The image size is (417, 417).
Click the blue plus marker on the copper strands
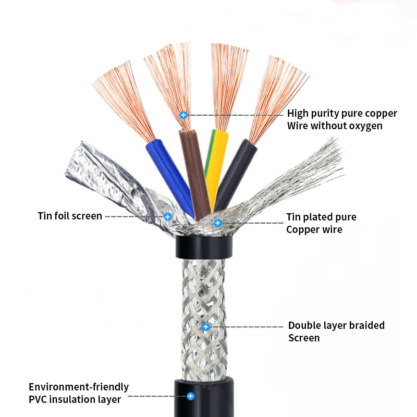(183, 115)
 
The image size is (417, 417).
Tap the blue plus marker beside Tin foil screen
(168, 216)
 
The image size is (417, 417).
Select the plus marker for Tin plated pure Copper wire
(218, 223)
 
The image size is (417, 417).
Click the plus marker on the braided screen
(206, 327)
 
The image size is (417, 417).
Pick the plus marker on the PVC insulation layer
(191, 396)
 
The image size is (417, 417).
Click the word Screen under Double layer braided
(304, 338)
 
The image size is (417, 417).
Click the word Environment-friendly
(79, 387)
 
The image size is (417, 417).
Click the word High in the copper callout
(299, 114)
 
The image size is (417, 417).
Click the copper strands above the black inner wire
(276, 96)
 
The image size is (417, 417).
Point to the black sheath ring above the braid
(203, 247)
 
